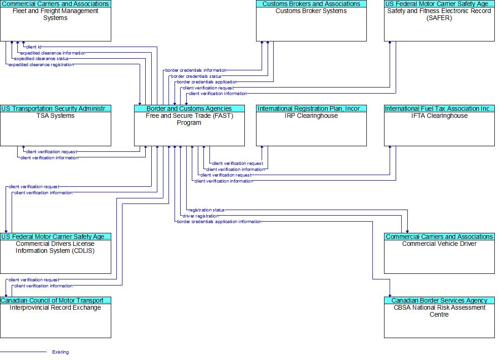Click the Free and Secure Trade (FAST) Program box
189,125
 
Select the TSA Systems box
56,125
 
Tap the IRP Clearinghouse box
311,125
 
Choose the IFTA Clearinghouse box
439,125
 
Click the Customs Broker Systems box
311,20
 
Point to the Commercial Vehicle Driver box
439,253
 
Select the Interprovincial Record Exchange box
56,317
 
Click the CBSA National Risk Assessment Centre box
439,317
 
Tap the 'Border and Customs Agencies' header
189,109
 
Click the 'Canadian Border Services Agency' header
439,300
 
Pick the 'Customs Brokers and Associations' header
311,4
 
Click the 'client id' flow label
34,47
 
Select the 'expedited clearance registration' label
41,65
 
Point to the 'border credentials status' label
196,76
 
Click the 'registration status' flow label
207,210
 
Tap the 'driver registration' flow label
201,216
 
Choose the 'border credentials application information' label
219,222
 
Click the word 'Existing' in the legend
61,352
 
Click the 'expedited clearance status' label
41,59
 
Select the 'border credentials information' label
196,70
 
